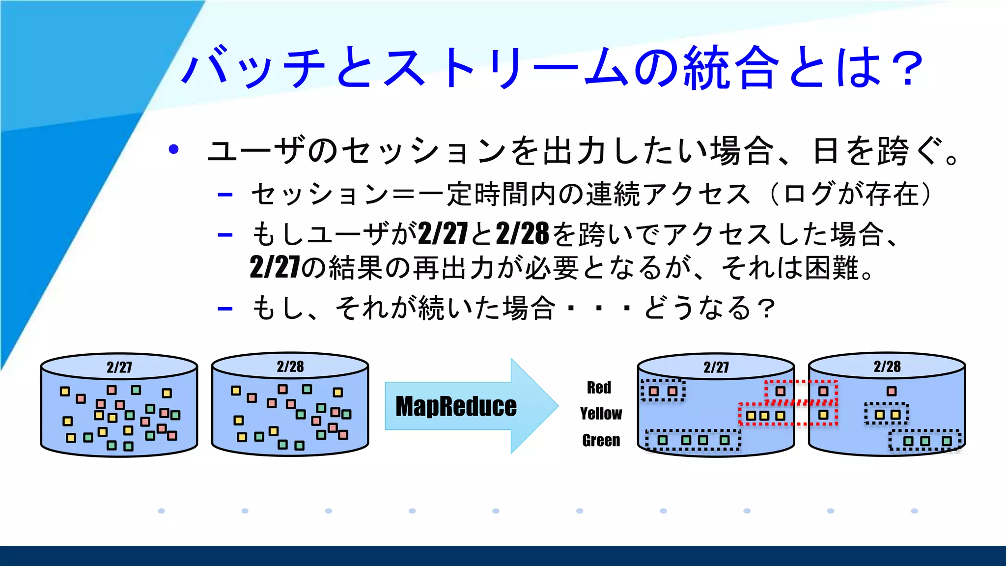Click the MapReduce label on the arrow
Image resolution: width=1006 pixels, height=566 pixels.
point(456,407)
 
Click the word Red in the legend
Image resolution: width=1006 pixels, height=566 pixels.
point(599,388)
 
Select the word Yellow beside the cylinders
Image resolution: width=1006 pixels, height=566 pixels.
point(601,414)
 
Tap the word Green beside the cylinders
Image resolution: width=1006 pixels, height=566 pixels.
point(601,440)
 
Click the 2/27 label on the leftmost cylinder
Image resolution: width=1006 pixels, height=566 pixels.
point(119,367)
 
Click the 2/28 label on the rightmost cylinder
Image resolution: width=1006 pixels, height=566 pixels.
point(887,367)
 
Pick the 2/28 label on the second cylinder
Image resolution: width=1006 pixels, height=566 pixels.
point(290,367)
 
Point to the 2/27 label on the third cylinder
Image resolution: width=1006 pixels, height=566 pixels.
point(716,367)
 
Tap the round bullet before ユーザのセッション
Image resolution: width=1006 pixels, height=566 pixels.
point(173,149)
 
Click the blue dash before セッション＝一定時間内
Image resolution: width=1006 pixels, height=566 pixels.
point(225,195)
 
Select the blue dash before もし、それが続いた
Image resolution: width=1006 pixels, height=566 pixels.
point(225,309)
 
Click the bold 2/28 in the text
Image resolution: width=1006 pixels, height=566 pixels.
point(522,234)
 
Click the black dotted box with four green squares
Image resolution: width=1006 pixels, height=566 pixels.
point(693,440)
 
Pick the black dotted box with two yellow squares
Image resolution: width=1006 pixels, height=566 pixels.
point(887,414)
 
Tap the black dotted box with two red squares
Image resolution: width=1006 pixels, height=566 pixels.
point(663,391)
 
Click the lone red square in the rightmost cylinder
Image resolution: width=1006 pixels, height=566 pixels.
point(892,391)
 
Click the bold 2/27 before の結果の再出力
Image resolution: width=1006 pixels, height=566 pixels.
point(275,268)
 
